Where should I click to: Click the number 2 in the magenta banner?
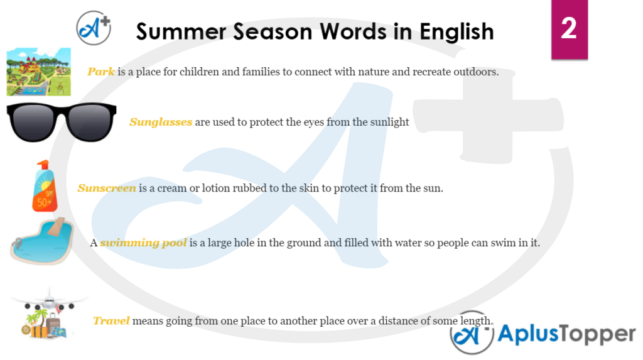coord(569,28)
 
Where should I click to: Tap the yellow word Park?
coord(101,72)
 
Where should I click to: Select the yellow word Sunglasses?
coord(161,122)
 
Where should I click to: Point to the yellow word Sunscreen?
coord(107,188)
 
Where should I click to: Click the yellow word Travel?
coord(111,320)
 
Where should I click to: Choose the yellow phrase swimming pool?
coord(144,243)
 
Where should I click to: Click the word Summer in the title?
coord(181,31)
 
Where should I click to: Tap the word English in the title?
coord(457,31)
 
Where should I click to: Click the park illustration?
coord(38,72)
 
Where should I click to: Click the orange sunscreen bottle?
coord(45,187)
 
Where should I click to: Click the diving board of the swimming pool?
coord(56,227)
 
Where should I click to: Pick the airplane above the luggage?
coord(49,302)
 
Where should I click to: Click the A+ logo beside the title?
coord(94,28)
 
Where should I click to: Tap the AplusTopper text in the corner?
coord(566,334)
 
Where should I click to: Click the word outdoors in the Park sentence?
coord(476,72)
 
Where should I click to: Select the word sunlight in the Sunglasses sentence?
coord(389,123)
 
